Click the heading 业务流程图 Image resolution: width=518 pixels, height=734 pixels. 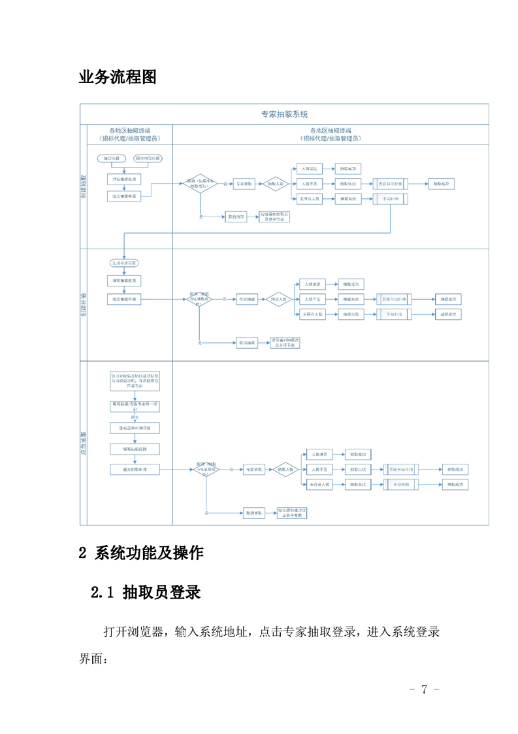(x=118, y=77)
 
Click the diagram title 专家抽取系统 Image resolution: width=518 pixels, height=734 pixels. (x=284, y=114)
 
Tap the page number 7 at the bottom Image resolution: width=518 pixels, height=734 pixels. (x=424, y=689)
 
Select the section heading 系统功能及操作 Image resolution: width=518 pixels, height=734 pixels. (x=149, y=553)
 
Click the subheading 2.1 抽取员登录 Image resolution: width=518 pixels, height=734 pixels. (x=145, y=593)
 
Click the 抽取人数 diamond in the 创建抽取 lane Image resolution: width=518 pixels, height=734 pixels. (x=275, y=184)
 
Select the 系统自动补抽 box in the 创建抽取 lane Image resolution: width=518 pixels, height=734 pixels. (x=391, y=184)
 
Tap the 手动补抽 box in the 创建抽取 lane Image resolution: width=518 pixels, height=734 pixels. (x=391, y=200)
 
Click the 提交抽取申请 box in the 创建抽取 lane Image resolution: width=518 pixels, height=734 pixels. (x=125, y=196)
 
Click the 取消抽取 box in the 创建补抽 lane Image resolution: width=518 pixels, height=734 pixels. (x=247, y=342)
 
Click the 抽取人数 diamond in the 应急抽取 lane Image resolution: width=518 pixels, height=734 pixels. (x=284, y=470)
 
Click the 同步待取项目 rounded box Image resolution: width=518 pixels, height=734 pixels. (x=148, y=159)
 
